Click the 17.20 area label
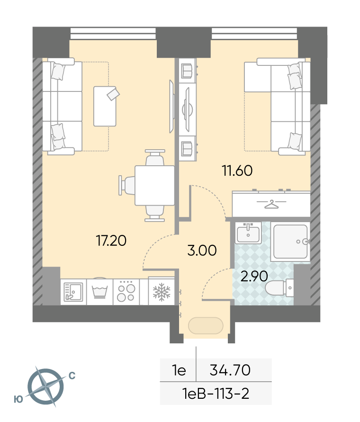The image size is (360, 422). pyautogui.click(x=111, y=240)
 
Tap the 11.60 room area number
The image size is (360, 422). pyautogui.click(x=237, y=171)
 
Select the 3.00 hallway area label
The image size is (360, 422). pyautogui.click(x=202, y=250)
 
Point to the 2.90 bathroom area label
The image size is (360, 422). pyautogui.click(x=254, y=276)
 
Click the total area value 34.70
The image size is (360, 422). pyautogui.click(x=230, y=370)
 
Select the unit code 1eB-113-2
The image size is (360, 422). pyautogui.click(x=216, y=394)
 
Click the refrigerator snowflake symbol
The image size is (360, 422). pyautogui.click(x=162, y=292)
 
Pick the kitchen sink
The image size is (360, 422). pyautogui.click(x=73, y=292)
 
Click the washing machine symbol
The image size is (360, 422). pyautogui.click(x=99, y=292)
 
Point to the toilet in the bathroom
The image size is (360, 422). pyautogui.click(x=279, y=287)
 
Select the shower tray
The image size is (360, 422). pyautogui.click(x=290, y=242)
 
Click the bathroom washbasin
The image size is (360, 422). pyautogui.click(x=248, y=233)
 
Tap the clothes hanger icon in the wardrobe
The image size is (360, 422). pyautogui.click(x=271, y=204)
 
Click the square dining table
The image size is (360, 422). pyautogui.click(x=154, y=186)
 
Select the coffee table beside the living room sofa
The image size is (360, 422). pyautogui.click(x=105, y=106)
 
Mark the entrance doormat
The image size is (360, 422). pyautogui.click(x=206, y=326)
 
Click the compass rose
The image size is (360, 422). pyautogui.click(x=46, y=386)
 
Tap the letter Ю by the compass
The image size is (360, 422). pyautogui.click(x=18, y=399)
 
